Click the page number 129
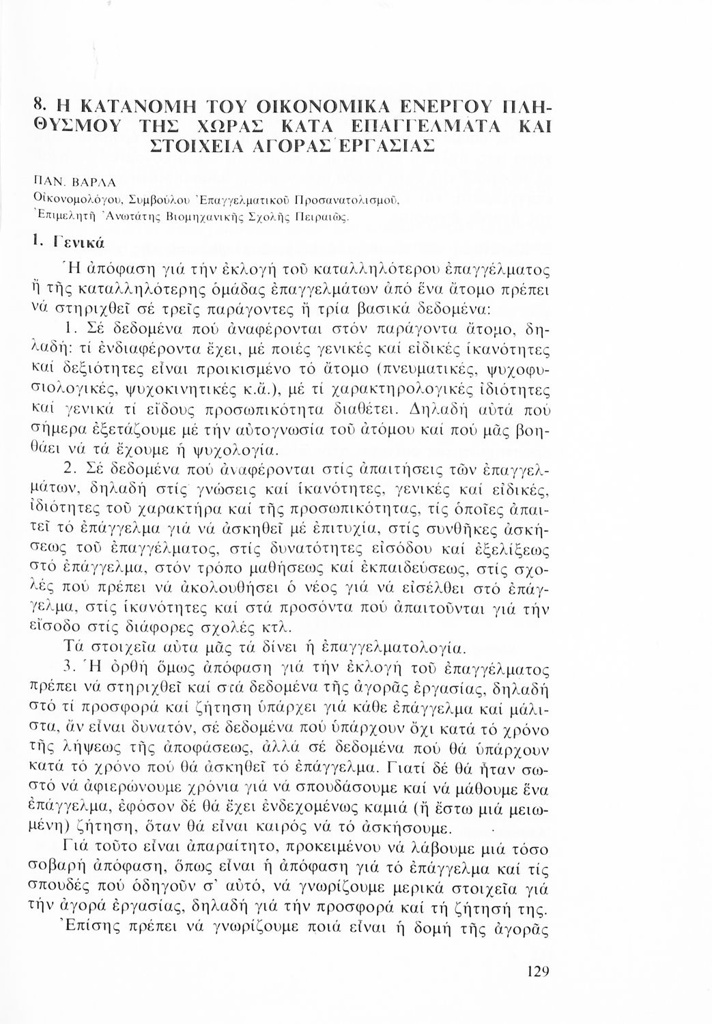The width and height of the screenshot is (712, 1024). point(537,971)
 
